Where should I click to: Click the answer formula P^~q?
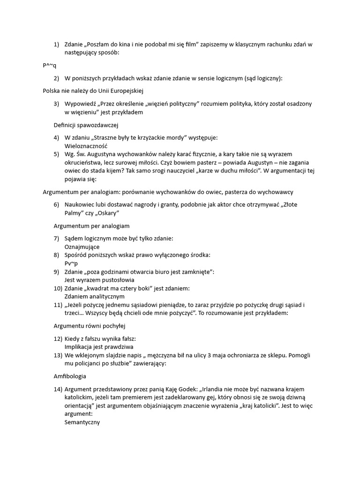[50, 66]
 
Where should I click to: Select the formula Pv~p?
[72, 263]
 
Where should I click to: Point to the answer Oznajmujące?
[82, 247]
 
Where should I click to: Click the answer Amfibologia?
[70, 376]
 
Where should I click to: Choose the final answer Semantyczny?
[82, 422]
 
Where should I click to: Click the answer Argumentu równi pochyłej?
[90, 325]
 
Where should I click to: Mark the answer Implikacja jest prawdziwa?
[99, 347]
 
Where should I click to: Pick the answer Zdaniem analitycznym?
[94, 296]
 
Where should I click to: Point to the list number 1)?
[57, 45]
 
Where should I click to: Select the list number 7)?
[57, 239]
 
